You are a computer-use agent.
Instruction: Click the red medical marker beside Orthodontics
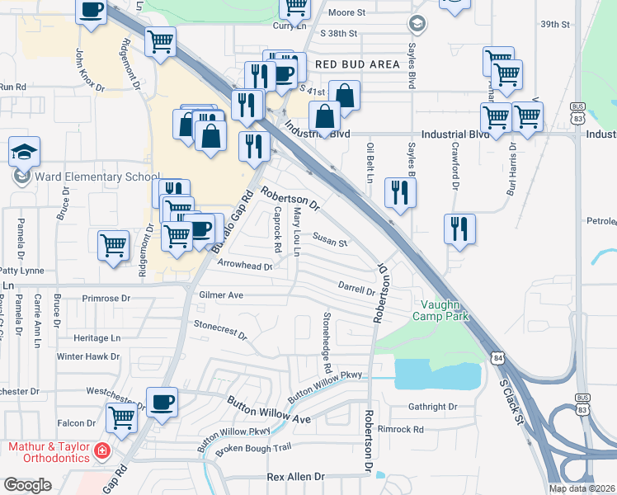click(101, 451)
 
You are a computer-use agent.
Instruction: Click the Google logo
click(27, 485)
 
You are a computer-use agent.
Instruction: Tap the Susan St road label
click(329, 243)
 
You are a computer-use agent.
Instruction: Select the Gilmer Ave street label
click(221, 295)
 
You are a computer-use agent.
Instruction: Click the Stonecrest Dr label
click(220, 330)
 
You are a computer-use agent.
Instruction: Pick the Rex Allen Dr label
click(296, 478)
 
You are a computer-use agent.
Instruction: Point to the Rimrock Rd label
click(400, 429)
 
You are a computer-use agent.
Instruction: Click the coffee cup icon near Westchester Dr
click(162, 402)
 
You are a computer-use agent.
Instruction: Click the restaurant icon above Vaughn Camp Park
click(459, 229)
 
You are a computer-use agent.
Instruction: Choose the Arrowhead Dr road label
click(245, 266)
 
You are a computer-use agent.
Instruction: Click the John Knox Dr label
click(90, 69)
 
